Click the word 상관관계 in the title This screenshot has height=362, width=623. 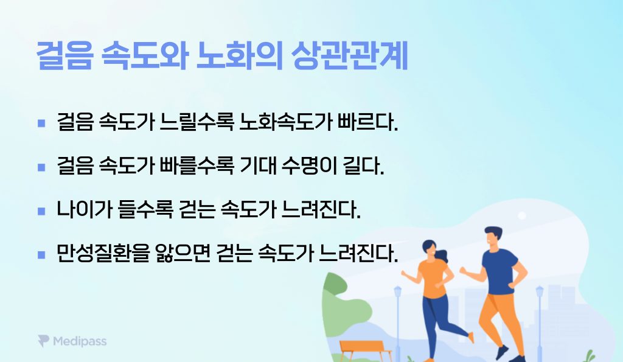click(x=350, y=55)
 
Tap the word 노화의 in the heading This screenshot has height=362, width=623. click(x=240, y=55)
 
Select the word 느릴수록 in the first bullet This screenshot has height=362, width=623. click(x=197, y=122)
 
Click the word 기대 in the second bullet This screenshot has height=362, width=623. click(x=258, y=165)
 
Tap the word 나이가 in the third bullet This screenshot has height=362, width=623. click(x=84, y=209)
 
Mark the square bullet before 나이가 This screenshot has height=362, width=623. click(x=41, y=211)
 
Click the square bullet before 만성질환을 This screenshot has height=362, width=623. click(x=41, y=254)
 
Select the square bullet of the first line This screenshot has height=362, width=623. click(x=41, y=123)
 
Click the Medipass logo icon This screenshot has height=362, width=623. click(x=43, y=341)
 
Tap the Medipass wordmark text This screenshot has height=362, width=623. click(x=80, y=341)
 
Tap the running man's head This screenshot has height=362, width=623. click(x=493, y=238)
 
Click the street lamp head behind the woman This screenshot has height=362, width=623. click(x=398, y=291)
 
